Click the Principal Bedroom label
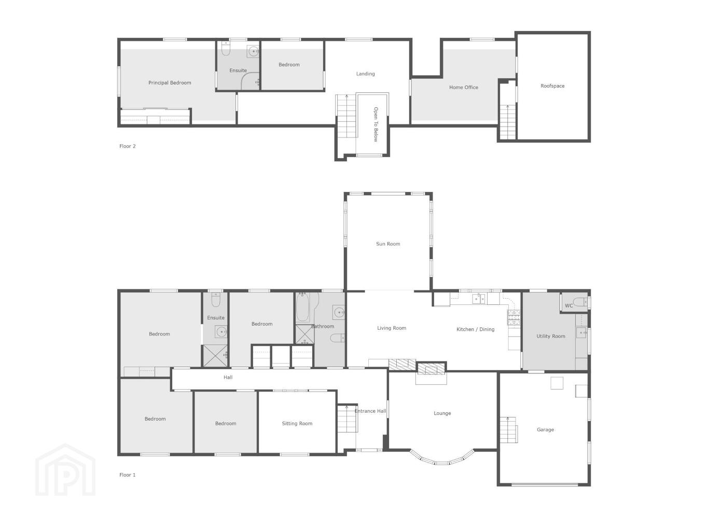click(x=170, y=83)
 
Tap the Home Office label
click(x=464, y=87)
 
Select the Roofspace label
click(x=552, y=86)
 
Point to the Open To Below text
click(x=376, y=124)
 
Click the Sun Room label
click(x=388, y=244)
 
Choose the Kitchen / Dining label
click(x=475, y=329)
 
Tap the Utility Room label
click(x=551, y=336)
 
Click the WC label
click(x=568, y=305)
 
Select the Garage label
click(x=545, y=429)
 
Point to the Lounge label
click(x=442, y=413)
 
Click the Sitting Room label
click(x=297, y=423)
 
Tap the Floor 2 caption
click(x=128, y=146)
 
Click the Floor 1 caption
click(x=128, y=474)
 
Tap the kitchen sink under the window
click(x=479, y=299)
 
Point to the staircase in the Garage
click(x=509, y=430)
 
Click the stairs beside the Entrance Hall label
click(x=348, y=418)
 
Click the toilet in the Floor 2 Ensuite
click(x=226, y=49)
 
